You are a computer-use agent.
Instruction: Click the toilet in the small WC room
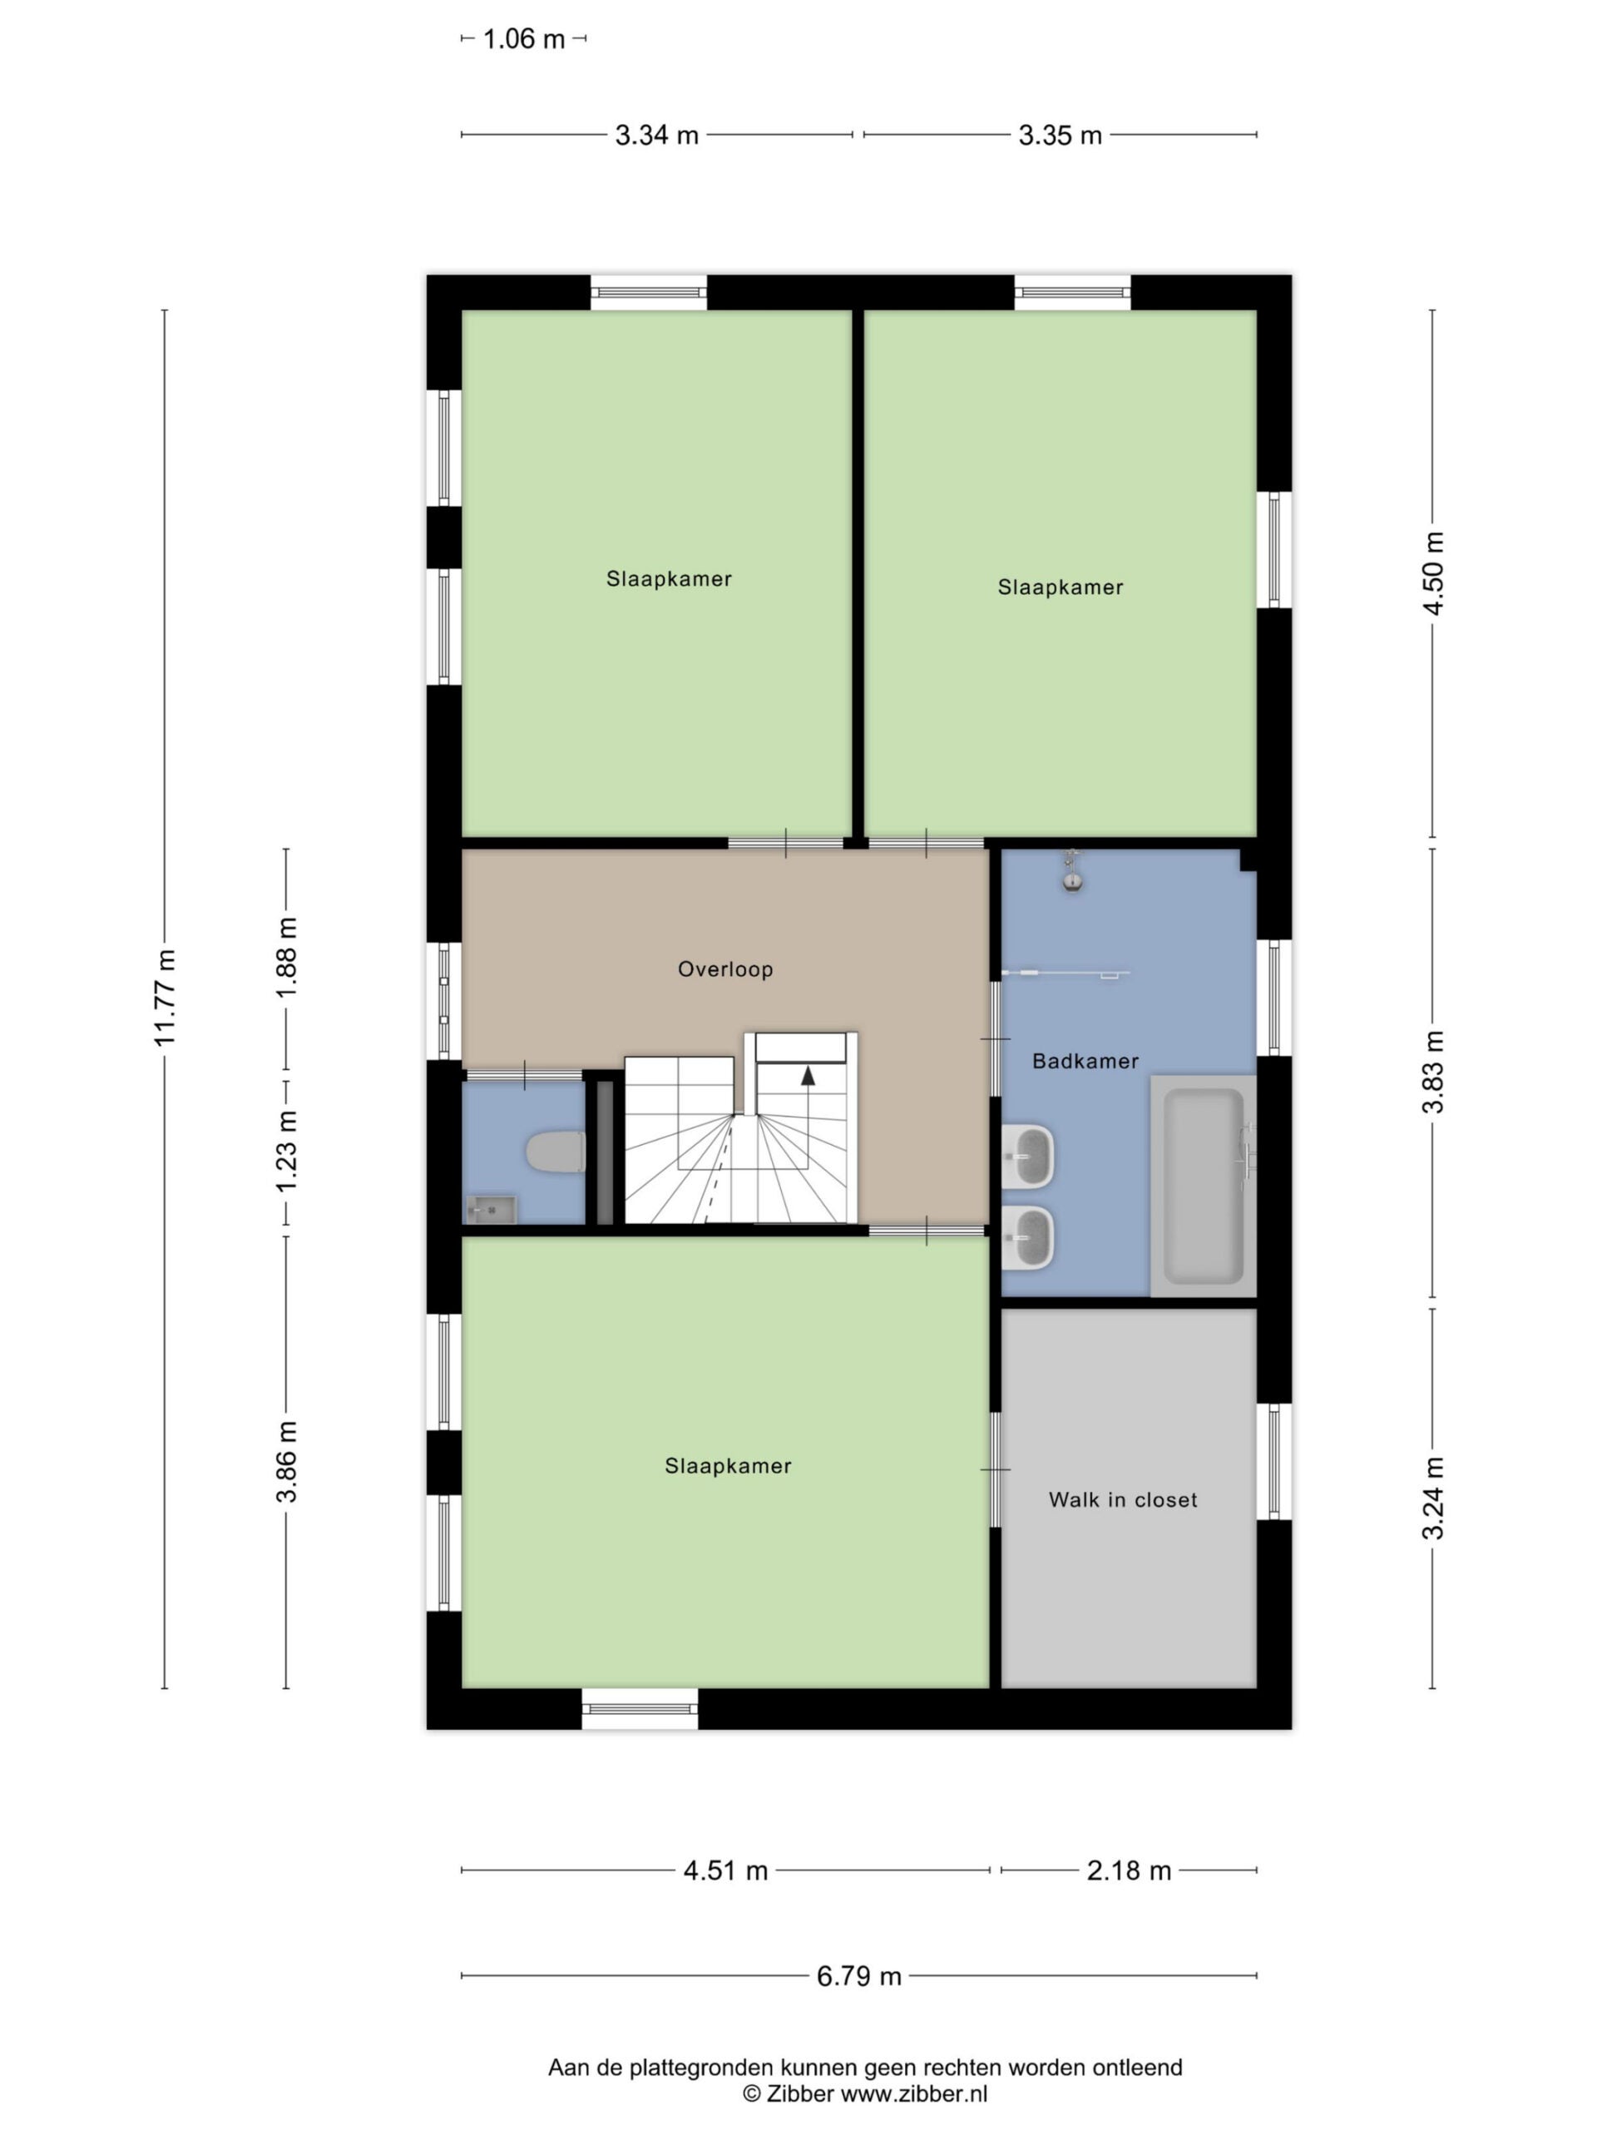click(556, 1152)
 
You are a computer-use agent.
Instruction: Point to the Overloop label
click(724, 969)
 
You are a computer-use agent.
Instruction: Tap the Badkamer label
click(1085, 1061)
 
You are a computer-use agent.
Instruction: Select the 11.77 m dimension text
click(165, 998)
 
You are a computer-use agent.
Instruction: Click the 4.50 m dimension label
click(1433, 573)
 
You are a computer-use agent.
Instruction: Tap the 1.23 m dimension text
click(287, 1151)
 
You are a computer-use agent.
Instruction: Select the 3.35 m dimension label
click(1060, 136)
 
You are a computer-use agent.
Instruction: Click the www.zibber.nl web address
click(914, 2093)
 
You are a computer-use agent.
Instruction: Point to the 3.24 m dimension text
click(1433, 1498)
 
